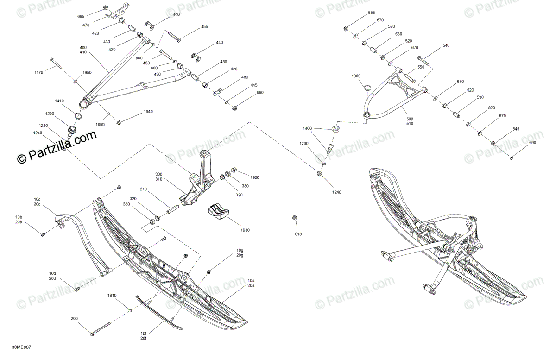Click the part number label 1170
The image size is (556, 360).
(38, 72)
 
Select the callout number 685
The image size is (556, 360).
(81, 17)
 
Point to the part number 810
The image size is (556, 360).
(298, 234)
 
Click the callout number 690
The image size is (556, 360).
(532, 143)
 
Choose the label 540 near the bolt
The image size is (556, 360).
(446, 45)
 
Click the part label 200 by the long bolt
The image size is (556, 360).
(75, 318)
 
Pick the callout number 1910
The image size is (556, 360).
(112, 295)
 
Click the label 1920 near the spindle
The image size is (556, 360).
(255, 177)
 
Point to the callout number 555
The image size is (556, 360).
(372, 13)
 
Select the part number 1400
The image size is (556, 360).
(308, 128)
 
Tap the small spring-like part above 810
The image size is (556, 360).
(294, 218)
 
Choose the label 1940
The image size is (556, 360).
(135, 112)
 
